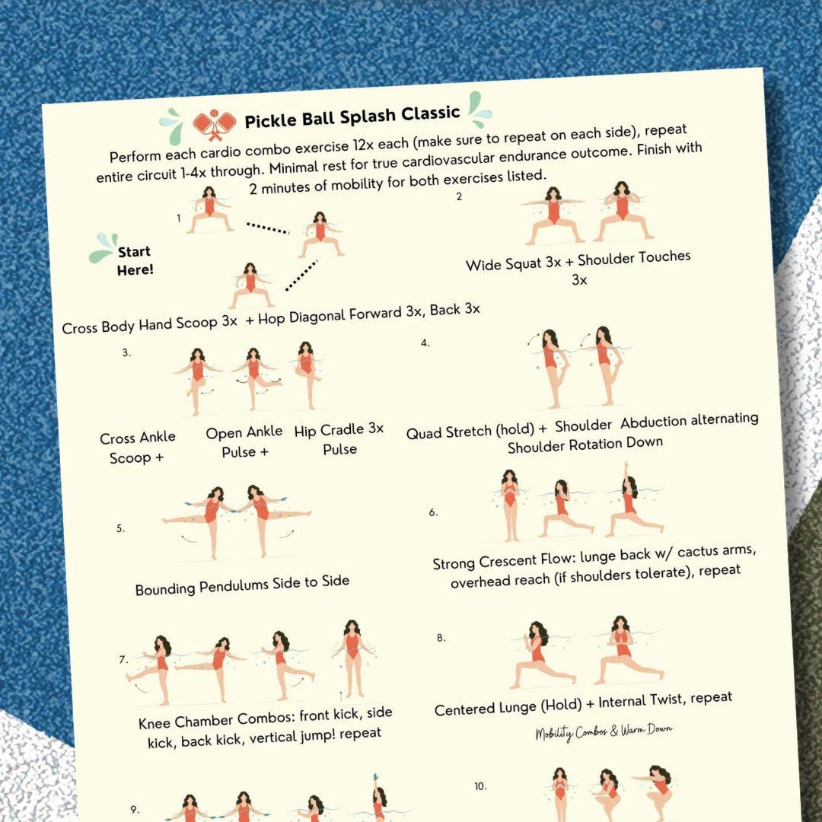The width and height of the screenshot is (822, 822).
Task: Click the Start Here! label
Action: (x=135, y=260)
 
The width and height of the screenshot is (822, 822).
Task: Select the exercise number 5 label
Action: (x=120, y=527)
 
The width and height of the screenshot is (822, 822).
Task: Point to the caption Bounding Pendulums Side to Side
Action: (x=242, y=585)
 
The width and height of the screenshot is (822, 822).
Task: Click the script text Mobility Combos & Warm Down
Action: (x=603, y=732)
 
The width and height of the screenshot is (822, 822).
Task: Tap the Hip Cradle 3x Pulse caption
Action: (x=339, y=439)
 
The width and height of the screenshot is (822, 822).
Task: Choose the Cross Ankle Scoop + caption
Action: (x=137, y=448)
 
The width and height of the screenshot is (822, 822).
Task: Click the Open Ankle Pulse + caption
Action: (x=244, y=442)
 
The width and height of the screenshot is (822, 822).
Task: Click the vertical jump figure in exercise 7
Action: (x=351, y=658)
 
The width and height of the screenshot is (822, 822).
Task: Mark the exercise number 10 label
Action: (x=479, y=786)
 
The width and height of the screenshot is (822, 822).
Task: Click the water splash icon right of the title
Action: (x=479, y=109)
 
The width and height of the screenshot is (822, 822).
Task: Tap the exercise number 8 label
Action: (x=441, y=638)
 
